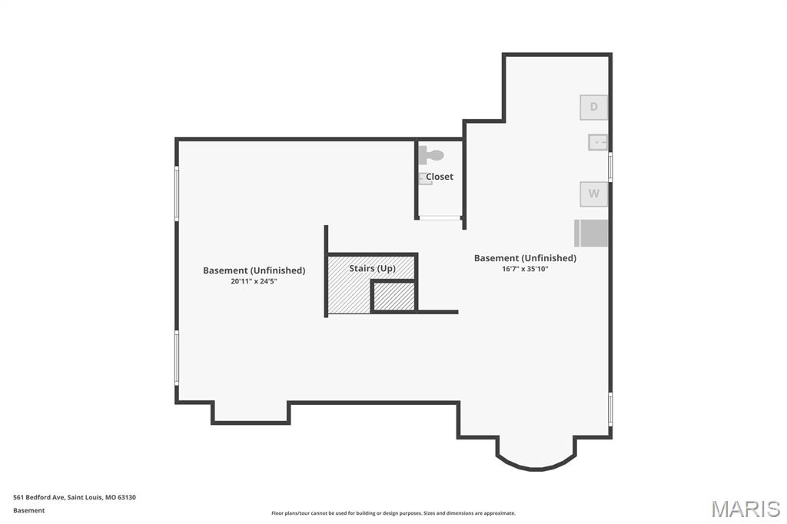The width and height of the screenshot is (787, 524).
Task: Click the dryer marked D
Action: click(x=594, y=107)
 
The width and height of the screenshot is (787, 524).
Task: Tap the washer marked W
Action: click(x=594, y=194)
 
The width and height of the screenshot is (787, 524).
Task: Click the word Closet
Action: click(x=440, y=177)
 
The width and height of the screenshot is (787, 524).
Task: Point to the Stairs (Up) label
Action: click(x=373, y=268)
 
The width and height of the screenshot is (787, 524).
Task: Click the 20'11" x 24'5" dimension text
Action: click(x=254, y=281)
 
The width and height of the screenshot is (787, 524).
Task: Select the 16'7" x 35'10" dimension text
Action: click(x=525, y=269)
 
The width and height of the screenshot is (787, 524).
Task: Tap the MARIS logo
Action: click(x=745, y=509)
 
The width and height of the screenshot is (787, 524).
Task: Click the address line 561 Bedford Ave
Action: click(x=75, y=497)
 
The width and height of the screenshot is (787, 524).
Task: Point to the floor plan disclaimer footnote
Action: click(x=393, y=513)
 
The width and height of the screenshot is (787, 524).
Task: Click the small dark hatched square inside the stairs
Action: click(x=393, y=297)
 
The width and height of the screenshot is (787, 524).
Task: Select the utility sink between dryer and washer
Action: click(x=598, y=142)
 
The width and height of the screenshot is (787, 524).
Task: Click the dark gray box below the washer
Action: click(x=591, y=233)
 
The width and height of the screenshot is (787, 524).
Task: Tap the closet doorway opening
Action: click(x=440, y=218)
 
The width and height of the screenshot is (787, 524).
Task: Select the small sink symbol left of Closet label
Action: click(x=424, y=179)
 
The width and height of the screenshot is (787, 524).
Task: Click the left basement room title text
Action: click(x=254, y=270)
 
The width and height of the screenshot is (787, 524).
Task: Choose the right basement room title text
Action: click(x=525, y=258)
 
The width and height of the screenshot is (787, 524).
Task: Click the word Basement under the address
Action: click(x=29, y=510)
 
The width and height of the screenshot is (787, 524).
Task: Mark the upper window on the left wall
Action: click(x=177, y=194)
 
